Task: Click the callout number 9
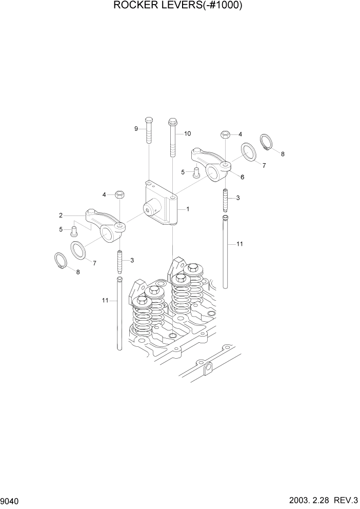[137, 129]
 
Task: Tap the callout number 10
[187, 133]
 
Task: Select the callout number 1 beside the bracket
[188, 209]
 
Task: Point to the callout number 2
[61, 215]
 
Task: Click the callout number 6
[242, 177]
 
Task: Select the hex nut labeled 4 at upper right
[225, 134]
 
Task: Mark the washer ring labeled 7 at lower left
[79, 250]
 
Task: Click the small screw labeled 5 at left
[74, 229]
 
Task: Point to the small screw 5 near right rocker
[195, 173]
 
